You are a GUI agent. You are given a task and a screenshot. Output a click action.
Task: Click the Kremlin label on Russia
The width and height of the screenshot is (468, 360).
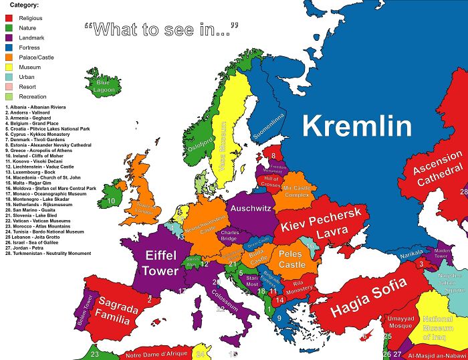[355, 126]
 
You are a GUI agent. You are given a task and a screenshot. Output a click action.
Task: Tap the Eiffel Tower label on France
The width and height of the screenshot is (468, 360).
[160, 262]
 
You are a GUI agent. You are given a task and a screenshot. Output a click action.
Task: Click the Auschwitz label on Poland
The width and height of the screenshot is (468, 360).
[250, 209]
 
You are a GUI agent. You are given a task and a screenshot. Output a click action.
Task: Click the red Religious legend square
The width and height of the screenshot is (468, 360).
[10, 17]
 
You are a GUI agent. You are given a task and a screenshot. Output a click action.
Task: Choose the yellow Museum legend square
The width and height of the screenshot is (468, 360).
[10, 67]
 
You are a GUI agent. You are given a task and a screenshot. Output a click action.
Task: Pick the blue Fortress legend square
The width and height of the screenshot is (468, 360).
[10, 48]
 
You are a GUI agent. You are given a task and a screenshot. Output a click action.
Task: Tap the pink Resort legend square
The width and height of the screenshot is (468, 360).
[10, 87]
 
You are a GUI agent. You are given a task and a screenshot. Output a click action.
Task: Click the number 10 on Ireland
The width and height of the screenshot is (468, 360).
[112, 200]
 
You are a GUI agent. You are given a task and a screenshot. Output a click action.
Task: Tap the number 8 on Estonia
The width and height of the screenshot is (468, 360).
[273, 156]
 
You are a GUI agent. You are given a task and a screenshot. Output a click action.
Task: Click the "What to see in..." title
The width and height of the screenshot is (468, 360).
[162, 29]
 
